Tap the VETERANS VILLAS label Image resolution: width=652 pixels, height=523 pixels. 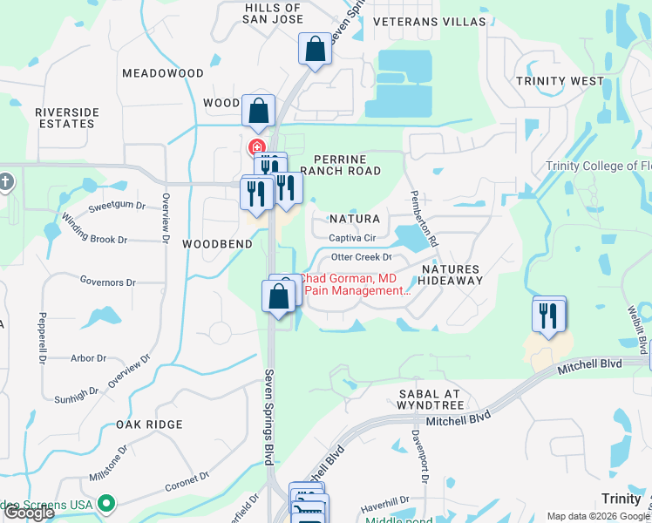(x=429, y=20)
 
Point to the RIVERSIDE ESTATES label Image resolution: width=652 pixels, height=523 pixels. (x=67, y=118)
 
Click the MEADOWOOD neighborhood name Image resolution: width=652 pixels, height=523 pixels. (x=157, y=74)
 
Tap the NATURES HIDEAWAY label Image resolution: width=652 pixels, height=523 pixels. (x=450, y=275)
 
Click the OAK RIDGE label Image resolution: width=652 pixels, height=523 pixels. (x=149, y=425)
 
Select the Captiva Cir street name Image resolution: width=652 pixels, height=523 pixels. (x=351, y=238)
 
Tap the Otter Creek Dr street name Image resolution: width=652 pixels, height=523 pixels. (x=362, y=257)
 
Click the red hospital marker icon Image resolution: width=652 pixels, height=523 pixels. (x=257, y=147)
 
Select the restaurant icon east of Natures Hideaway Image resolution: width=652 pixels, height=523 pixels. (x=549, y=315)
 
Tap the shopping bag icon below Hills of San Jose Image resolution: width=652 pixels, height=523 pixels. (x=316, y=51)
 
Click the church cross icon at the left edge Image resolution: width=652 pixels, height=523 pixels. (x=6, y=182)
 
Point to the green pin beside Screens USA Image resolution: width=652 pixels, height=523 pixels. (x=106, y=503)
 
